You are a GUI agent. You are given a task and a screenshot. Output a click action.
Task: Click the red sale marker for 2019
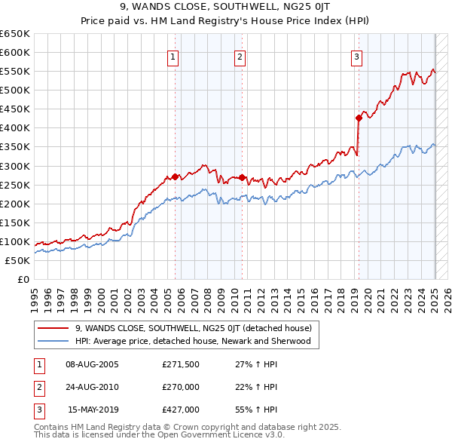pyautogui.click(x=359, y=118)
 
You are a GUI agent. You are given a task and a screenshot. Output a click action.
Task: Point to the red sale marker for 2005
pyautogui.click(x=175, y=176)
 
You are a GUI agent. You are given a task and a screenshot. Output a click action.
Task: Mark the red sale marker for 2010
pyautogui.click(x=243, y=177)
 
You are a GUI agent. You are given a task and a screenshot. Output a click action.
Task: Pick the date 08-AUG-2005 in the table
pyautogui.click(x=93, y=364)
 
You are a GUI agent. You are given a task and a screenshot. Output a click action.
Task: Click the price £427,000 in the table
pyautogui.click(x=181, y=410)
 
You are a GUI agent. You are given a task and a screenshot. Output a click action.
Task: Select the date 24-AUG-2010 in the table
pyautogui.click(x=93, y=387)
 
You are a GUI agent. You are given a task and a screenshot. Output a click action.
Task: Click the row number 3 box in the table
pyautogui.click(x=38, y=410)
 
